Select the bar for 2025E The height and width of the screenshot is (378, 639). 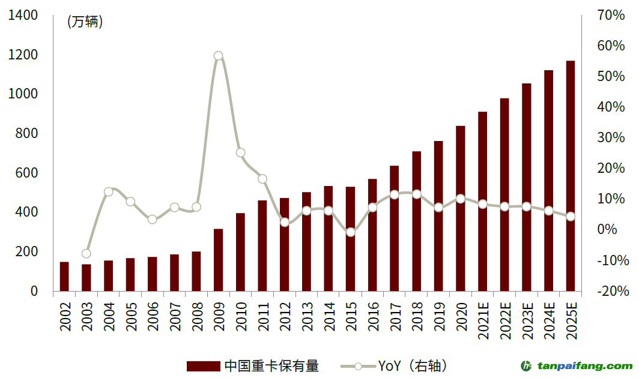pyautogui.click(x=570, y=176)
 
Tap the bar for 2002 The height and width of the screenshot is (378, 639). pyautogui.click(x=64, y=276)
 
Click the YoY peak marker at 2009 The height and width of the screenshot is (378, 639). pyautogui.click(x=218, y=56)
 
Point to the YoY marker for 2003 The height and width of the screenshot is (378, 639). pyautogui.click(x=86, y=253)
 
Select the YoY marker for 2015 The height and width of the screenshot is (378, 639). pyautogui.click(x=350, y=232)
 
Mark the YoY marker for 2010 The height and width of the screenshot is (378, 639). pyautogui.click(x=240, y=152)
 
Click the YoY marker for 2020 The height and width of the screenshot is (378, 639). pyautogui.click(x=460, y=199)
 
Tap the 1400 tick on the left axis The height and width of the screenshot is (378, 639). pyautogui.click(x=23, y=16)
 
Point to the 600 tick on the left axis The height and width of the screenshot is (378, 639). pyautogui.click(x=27, y=173)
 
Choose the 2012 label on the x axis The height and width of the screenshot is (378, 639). pyautogui.click(x=285, y=316)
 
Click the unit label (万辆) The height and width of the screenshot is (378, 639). pyautogui.click(x=85, y=22)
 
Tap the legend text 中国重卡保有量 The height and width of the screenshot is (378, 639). pyautogui.click(x=271, y=365)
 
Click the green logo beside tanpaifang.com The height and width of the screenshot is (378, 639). pyautogui.click(x=527, y=365)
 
